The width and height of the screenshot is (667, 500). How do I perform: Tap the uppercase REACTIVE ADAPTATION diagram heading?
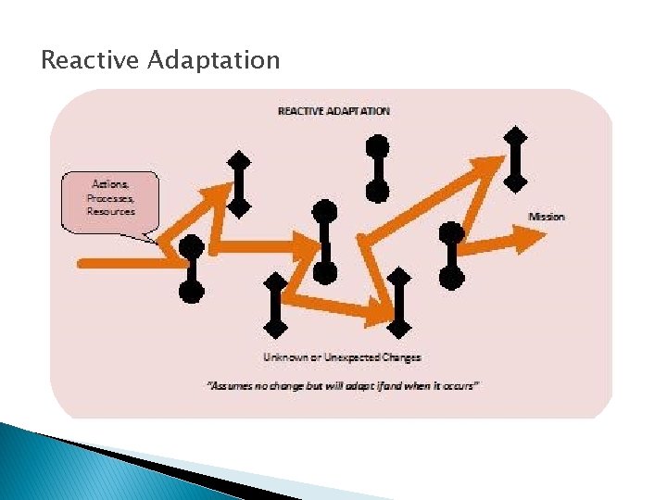point(334,111)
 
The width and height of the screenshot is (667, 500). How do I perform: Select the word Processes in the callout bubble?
point(110,198)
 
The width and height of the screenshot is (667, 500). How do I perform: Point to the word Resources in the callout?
point(111,211)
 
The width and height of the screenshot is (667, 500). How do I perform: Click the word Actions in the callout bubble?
point(111,184)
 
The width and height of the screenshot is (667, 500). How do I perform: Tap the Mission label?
point(547,217)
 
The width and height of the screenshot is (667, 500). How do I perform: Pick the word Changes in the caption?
point(400,357)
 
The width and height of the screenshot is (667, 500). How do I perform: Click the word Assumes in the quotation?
point(233,385)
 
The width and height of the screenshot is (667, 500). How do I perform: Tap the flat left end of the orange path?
point(82,264)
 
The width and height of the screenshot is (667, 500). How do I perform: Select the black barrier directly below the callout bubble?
point(191,269)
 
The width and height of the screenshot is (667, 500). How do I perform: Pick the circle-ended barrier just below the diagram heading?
point(377,169)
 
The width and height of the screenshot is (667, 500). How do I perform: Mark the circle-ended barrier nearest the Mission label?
point(451,254)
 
